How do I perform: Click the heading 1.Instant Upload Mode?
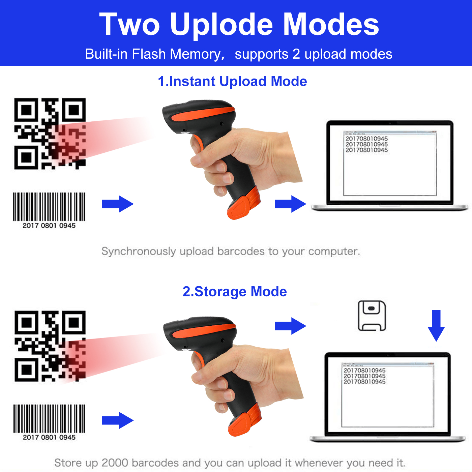point(232,82)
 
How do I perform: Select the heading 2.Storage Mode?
point(234,292)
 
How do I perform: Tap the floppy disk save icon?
point(372,316)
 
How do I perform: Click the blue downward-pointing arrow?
point(436,325)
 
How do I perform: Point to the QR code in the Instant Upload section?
point(50,134)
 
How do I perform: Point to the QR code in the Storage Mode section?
point(50,346)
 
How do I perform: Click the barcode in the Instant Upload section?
point(49,207)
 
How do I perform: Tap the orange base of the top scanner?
point(243,204)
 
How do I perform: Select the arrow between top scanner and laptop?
point(290,204)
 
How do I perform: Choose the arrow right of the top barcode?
point(118,204)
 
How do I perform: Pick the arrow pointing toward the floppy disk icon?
point(290,326)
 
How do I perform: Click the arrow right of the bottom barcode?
point(118,420)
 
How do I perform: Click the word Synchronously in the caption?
point(139,252)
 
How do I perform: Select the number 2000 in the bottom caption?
point(115,463)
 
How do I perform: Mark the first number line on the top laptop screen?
point(366,139)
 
